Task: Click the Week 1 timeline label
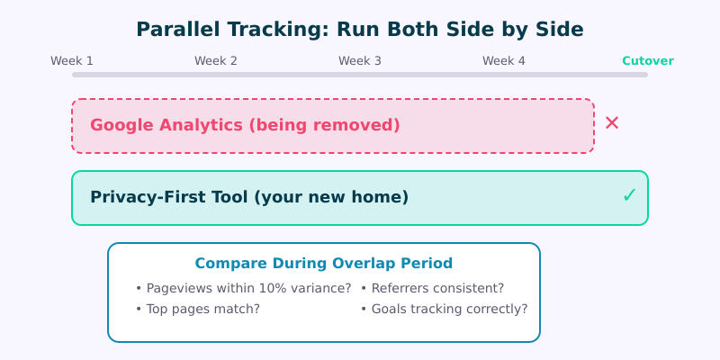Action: (x=72, y=61)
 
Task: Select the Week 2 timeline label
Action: (x=216, y=61)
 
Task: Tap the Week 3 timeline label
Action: (x=360, y=61)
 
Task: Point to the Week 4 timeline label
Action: (x=504, y=61)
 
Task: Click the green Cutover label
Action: (x=648, y=61)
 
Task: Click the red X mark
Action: (x=612, y=123)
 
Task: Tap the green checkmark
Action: (x=629, y=195)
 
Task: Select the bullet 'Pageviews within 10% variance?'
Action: (x=243, y=288)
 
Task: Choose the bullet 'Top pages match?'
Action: (x=198, y=309)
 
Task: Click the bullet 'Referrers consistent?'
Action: (x=432, y=288)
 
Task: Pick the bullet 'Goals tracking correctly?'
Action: (x=444, y=309)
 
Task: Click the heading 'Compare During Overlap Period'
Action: (x=324, y=264)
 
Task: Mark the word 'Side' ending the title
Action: (x=560, y=29)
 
